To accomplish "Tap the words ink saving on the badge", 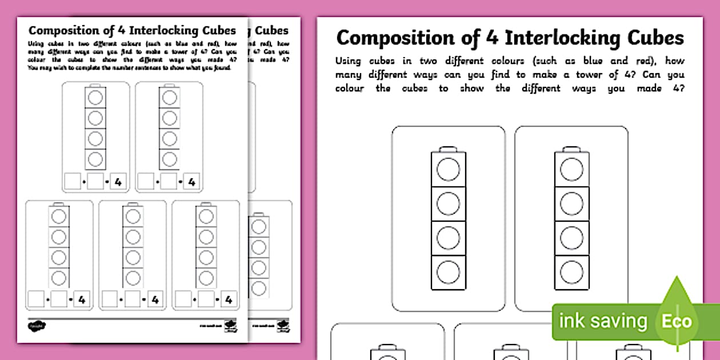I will point(603,321).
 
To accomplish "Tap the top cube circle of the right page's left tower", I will point(448,170).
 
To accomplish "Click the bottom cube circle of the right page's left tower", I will point(448,272).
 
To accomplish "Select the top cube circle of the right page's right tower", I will point(571,170).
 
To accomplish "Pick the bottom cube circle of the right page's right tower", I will point(571,272).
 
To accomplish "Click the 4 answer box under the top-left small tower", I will point(118,182).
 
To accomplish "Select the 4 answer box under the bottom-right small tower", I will point(229,299).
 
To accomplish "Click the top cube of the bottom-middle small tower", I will point(133,215).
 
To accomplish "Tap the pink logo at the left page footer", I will point(37,326).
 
